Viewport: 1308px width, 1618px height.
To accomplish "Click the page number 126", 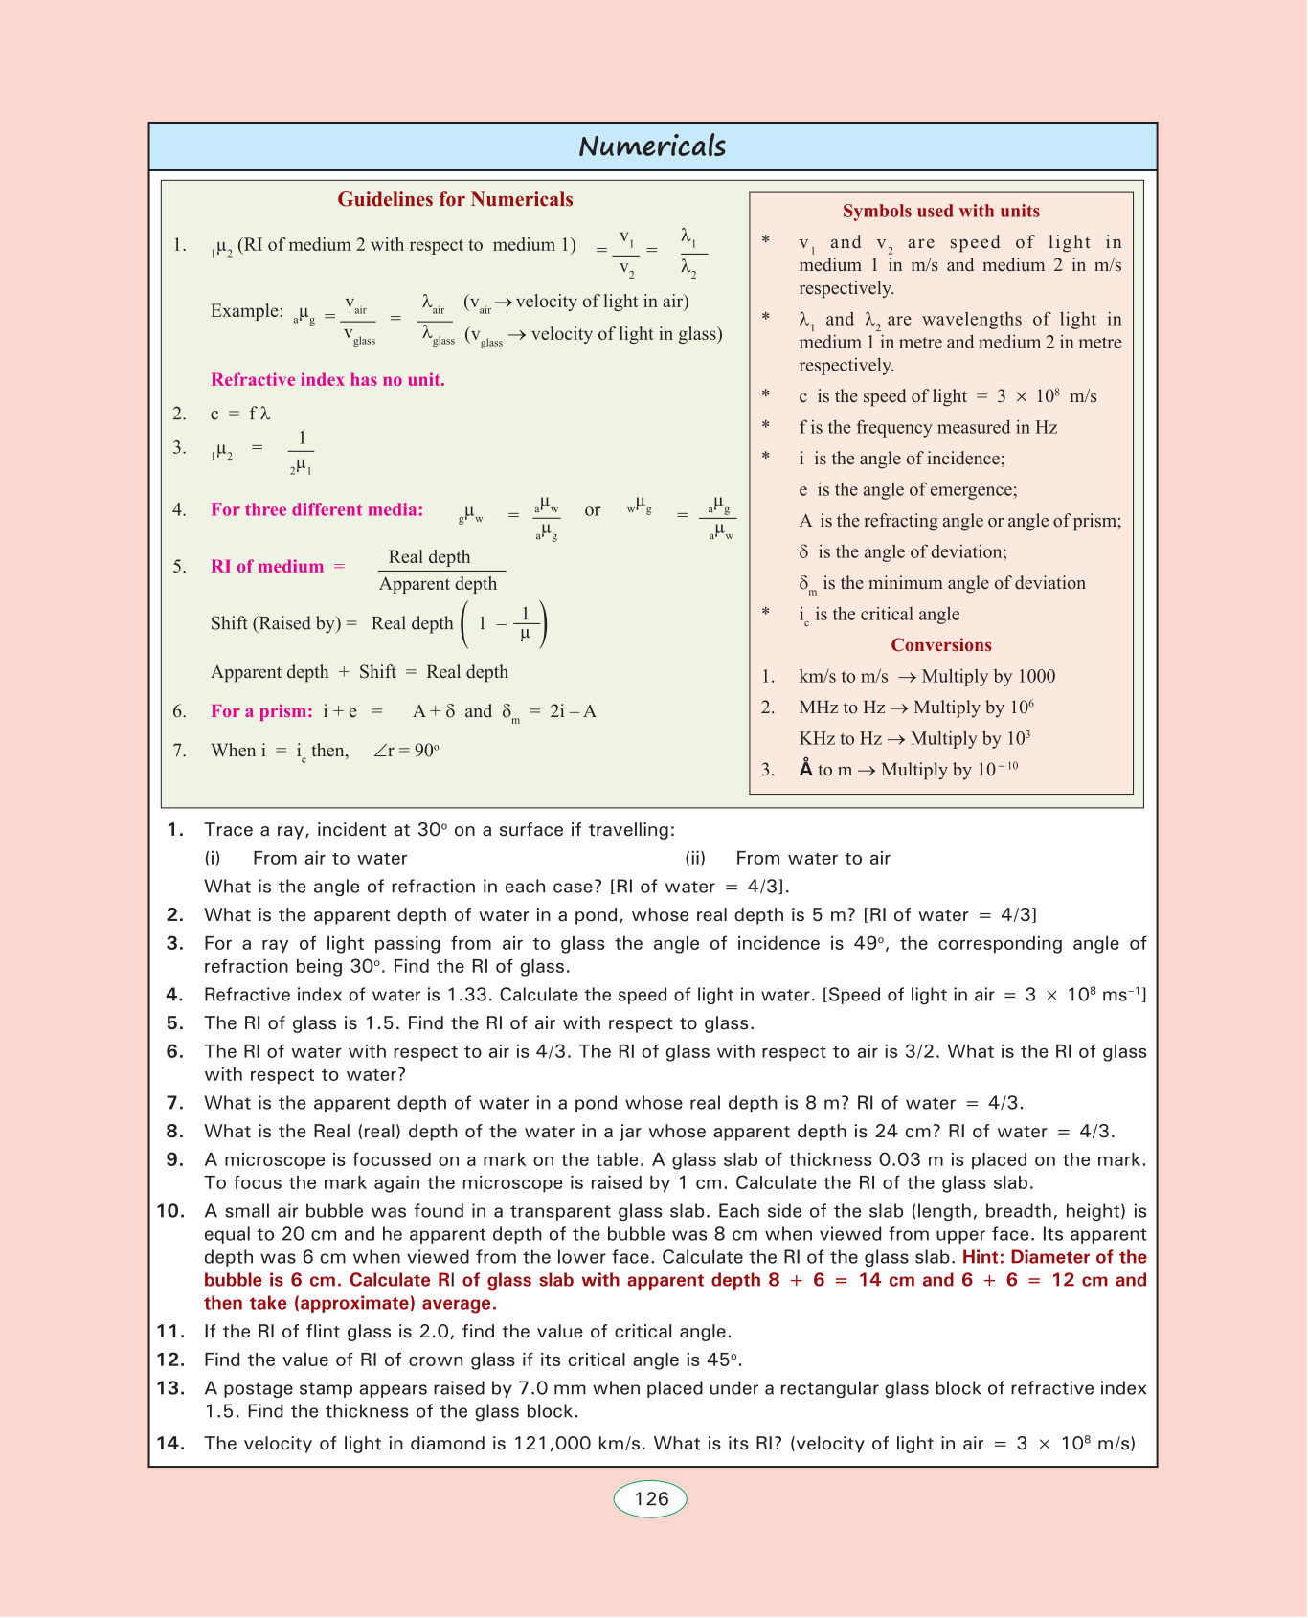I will (x=651, y=1498).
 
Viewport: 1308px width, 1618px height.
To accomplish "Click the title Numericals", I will (x=652, y=146).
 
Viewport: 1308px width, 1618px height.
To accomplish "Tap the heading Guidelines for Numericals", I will (x=455, y=199).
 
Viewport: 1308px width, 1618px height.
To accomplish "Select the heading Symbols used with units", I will (x=940, y=211).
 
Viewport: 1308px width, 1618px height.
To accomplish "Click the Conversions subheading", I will (x=940, y=645).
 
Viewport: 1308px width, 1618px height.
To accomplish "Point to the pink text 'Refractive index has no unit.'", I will (x=327, y=380).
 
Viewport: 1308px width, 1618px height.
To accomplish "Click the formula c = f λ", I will (x=240, y=414).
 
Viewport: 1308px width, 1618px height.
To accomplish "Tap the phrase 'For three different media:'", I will (x=317, y=509).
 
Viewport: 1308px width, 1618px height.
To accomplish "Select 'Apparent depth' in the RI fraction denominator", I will (x=438, y=584).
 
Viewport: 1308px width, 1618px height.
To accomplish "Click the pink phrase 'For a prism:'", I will (x=261, y=711).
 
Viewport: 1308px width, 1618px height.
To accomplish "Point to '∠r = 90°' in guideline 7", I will (x=406, y=751).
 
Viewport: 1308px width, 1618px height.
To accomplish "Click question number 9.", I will (x=174, y=1160).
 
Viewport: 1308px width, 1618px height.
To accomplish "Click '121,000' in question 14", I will (x=553, y=1443).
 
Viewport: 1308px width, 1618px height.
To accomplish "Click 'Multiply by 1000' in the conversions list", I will (x=988, y=677).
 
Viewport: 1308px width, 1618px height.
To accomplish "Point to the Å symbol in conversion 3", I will (x=806, y=769).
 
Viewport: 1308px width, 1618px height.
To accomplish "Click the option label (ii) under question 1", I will (x=695, y=859).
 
